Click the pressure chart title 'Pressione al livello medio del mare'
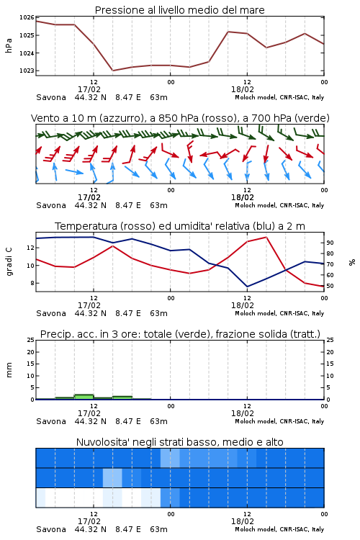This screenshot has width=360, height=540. [x=179, y=10]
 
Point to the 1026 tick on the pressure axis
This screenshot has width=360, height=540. [x=27, y=17]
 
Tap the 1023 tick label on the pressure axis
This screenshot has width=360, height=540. [x=27, y=71]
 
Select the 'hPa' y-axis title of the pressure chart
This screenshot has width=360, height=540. [x=9, y=45]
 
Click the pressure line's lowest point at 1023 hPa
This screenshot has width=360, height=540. [x=112, y=71]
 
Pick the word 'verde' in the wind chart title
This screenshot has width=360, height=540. [x=312, y=118]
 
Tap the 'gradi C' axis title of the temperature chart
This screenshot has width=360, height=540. [x=9, y=261]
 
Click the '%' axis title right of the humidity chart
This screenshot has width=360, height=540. [x=352, y=262]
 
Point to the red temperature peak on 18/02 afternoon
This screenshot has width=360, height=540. [x=266, y=237]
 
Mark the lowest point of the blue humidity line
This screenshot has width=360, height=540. [x=247, y=287]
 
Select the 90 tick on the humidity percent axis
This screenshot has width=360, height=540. [x=330, y=243]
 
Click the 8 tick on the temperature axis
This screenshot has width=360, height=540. [x=32, y=283]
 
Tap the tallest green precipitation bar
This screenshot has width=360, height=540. [x=84, y=397]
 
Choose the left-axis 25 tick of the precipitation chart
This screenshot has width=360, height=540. [x=31, y=340]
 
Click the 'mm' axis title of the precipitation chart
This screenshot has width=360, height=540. [x=9, y=369]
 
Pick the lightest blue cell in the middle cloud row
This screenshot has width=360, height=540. [x=112, y=477]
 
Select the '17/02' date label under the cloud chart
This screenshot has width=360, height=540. [x=89, y=521]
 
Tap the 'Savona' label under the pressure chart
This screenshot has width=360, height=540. [x=51, y=97]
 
